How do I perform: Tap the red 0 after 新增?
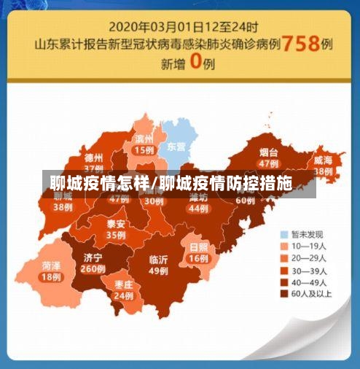click(x=195, y=62)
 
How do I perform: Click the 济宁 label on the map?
click(x=93, y=257)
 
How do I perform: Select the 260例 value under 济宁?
click(x=93, y=268)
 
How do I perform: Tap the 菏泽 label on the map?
click(x=50, y=265)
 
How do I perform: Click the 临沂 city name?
click(x=158, y=259)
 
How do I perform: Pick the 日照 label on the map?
click(x=198, y=247)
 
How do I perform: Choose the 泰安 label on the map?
click(x=116, y=224)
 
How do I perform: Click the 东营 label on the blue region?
click(x=176, y=146)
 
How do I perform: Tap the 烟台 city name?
click(x=268, y=152)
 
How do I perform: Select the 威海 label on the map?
click(x=323, y=160)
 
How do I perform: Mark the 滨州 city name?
click(x=144, y=139)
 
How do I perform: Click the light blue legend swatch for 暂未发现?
click(x=285, y=235)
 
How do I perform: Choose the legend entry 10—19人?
click(x=309, y=246)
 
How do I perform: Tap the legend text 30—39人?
click(x=309, y=270)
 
